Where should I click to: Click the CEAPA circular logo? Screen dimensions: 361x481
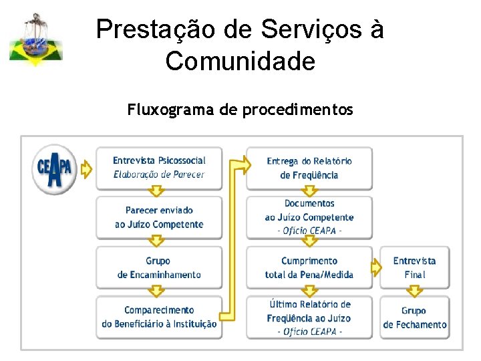point(55,169)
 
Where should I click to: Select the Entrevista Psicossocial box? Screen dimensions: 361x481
point(159,167)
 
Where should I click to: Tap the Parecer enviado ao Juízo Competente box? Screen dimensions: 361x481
point(159,217)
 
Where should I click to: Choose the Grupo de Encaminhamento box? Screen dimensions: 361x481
point(159,267)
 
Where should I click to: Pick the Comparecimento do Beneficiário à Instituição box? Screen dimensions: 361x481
point(159,317)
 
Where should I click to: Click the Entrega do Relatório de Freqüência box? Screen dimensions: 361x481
point(309,168)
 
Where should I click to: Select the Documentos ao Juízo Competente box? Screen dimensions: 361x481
point(309,217)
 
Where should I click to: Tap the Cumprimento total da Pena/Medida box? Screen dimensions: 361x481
point(309,267)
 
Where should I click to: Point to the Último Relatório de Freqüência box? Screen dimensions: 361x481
point(309,318)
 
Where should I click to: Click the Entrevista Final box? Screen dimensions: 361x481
point(414,267)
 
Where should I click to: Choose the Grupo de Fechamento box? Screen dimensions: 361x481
point(414,318)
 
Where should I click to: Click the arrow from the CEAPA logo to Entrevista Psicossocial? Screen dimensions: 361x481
point(86,170)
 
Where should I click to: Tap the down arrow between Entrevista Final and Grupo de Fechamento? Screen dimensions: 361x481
point(414,291)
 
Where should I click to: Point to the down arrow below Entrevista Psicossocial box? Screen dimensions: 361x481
point(156,192)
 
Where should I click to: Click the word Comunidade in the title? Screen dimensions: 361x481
point(240,62)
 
